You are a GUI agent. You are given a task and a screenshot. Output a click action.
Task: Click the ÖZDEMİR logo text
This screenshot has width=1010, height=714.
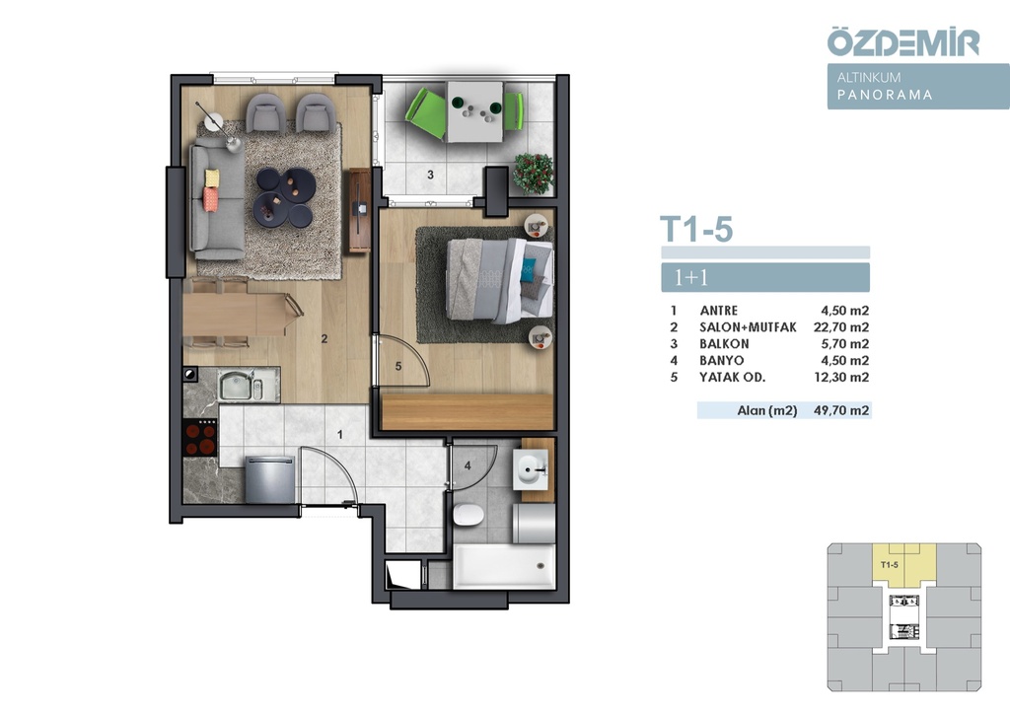click(903, 41)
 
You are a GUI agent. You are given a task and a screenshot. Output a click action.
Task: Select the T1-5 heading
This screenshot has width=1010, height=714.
click(696, 229)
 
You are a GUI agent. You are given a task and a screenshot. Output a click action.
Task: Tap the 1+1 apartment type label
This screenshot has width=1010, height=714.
click(690, 277)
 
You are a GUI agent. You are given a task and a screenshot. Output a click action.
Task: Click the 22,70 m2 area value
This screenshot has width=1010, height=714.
click(841, 327)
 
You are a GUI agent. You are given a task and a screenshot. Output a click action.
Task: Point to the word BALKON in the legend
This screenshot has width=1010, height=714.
click(724, 344)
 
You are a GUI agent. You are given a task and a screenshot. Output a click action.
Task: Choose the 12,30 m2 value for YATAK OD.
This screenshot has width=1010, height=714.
click(841, 378)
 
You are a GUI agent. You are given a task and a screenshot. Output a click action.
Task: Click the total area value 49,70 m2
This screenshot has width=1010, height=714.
click(841, 410)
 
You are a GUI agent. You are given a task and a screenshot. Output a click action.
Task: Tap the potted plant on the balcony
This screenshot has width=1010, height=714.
click(533, 174)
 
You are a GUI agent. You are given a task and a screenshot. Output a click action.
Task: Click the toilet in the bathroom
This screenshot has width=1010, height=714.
click(469, 515)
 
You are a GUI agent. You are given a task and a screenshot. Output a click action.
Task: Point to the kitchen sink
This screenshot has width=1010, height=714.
click(241, 385)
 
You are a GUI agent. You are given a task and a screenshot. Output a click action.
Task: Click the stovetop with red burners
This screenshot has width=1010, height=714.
click(200, 438)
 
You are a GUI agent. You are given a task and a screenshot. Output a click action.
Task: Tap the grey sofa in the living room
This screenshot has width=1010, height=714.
click(217, 201)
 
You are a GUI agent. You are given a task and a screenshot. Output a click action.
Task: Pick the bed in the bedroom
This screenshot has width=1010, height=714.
click(500, 281)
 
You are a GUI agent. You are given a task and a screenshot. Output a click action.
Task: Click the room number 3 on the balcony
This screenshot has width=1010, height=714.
click(430, 175)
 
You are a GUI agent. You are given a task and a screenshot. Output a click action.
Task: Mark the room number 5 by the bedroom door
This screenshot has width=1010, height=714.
click(398, 366)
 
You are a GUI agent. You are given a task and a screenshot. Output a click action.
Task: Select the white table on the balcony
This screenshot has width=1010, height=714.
click(475, 112)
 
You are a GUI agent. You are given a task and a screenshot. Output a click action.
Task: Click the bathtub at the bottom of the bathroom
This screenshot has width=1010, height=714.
click(504, 566)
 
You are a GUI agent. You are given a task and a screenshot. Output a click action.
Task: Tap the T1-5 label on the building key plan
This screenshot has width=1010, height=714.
click(889, 565)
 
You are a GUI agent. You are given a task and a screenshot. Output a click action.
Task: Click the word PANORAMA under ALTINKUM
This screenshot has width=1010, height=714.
click(885, 95)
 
